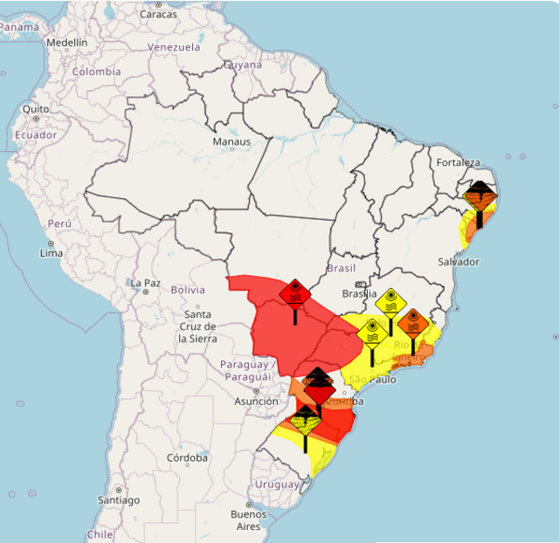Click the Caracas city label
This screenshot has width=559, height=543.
[x=158, y=14]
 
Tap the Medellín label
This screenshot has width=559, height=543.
[x=67, y=42]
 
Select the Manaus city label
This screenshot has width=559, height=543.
[x=231, y=141]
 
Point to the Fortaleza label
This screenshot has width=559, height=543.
[x=460, y=162]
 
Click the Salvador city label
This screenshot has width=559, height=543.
[x=459, y=262]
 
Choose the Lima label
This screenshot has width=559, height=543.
[x=52, y=253]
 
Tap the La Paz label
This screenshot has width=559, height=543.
[x=146, y=284]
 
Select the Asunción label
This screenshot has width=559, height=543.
[x=256, y=401]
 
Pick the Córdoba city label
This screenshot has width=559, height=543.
[x=189, y=457]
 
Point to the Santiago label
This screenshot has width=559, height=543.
[x=119, y=500]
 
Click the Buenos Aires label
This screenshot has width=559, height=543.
[x=249, y=520]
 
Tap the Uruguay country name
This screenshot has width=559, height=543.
[x=277, y=485]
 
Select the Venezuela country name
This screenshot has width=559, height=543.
[x=174, y=47]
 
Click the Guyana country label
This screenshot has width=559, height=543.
[x=243, y=65]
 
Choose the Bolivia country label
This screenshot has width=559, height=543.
[x=188, y=289]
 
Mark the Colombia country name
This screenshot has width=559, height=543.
[x=96, y=72]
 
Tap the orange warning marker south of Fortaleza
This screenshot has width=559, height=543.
[x=480, y=197]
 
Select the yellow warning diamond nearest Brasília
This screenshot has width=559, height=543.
[x=391, y=301]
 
